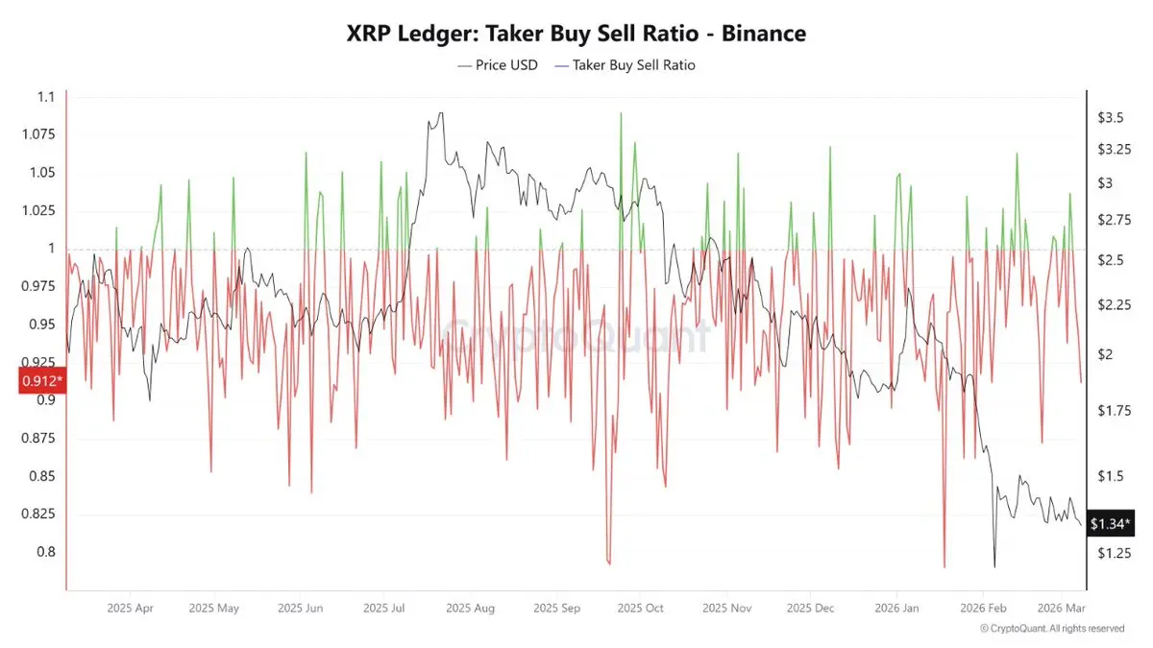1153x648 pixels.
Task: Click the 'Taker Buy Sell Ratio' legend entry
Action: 633,65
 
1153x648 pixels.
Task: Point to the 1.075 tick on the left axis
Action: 38,134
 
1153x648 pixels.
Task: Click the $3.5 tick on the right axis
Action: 1111,117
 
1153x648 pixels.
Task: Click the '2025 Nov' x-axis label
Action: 726,608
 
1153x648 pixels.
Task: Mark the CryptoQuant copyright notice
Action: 1051,628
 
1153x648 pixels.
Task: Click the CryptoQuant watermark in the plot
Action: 576,336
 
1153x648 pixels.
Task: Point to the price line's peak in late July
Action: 440,113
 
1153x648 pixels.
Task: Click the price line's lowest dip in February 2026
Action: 994,567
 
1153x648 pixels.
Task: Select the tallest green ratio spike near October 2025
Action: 621,113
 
